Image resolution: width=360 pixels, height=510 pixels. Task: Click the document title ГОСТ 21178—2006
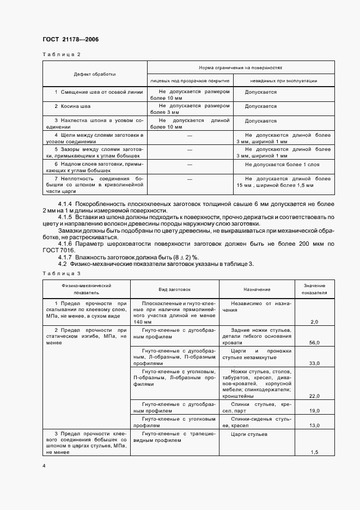70,39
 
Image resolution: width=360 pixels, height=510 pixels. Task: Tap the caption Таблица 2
61,54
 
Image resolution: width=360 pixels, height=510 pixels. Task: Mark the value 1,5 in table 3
314,452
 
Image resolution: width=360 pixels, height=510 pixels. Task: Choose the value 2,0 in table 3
314,323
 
